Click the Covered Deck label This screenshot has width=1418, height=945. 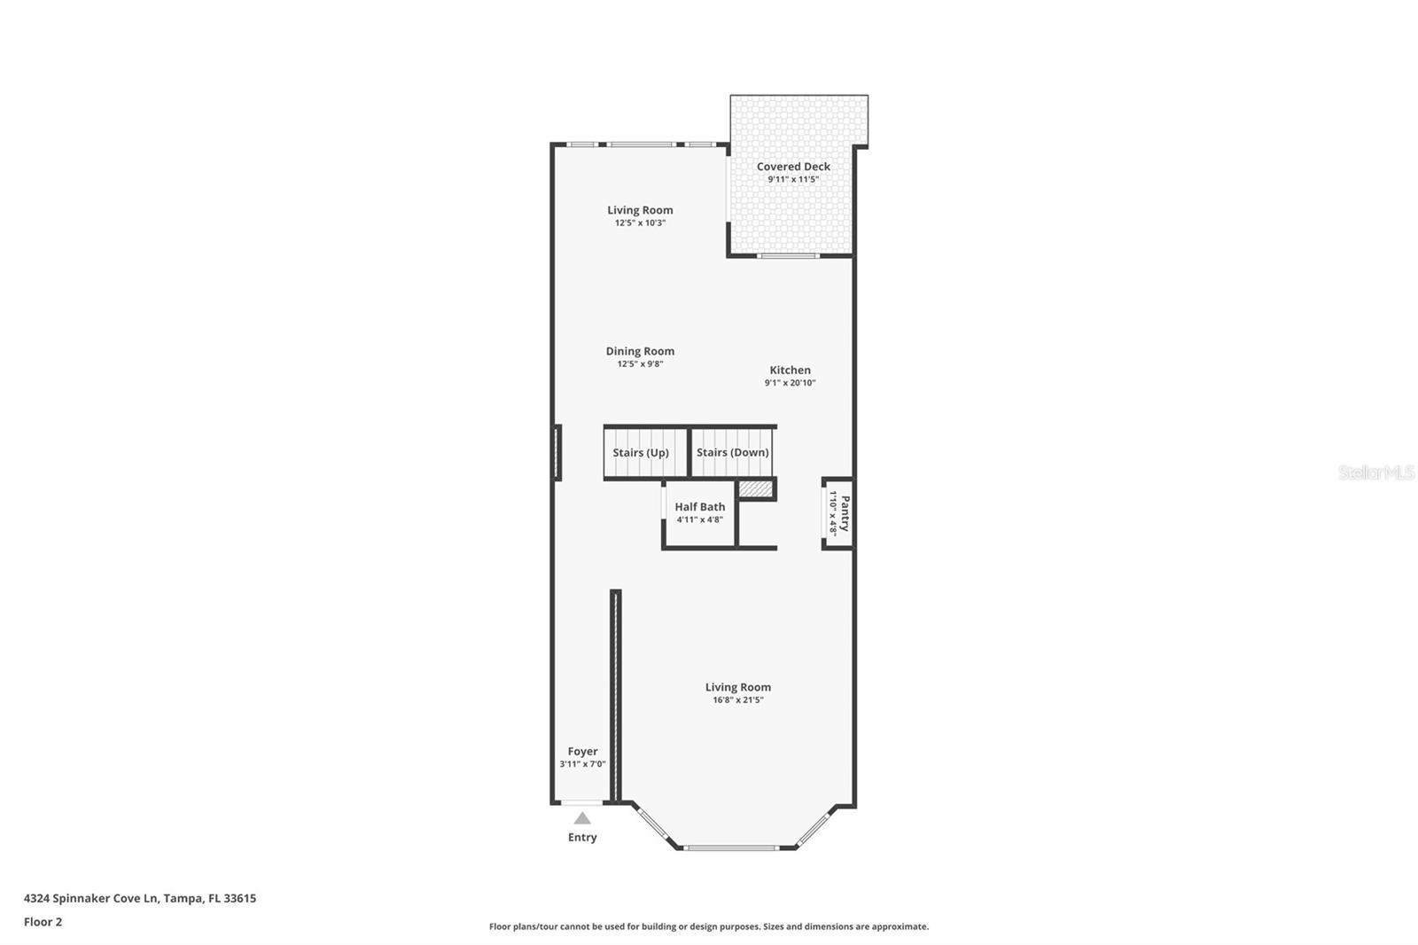[x=793, y=167]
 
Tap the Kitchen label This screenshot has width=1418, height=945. [x=790, y=371]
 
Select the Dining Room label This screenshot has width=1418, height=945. [x=640, y=351]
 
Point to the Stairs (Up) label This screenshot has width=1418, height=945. [x=641, y=453]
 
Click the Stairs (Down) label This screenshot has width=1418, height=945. [x=732, y=453]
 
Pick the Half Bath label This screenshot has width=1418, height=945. [x=699, y=507]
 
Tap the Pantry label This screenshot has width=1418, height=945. [x=845, y=513]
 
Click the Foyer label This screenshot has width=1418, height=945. [x=582, y=752]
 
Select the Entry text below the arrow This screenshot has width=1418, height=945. [x=582, y=838]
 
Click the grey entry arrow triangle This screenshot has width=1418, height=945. [x=582, y=819]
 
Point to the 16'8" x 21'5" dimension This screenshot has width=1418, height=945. [x=737, y=700]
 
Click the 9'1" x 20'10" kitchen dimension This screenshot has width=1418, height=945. [x=790, y=383]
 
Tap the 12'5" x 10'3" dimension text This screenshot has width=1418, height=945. [x=640, y=223]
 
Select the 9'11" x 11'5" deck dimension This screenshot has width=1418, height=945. [x=793, y=179]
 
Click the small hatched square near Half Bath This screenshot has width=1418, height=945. [x=755, y=488]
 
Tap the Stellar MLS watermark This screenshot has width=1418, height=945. [x=1376, y=472]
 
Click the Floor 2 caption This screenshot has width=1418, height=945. [x=43, y=922]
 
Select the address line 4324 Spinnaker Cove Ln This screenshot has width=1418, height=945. [x=139, y=898]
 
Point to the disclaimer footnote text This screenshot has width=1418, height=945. [x=709, y=926]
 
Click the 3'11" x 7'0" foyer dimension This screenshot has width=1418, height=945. [x=582, y=764]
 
